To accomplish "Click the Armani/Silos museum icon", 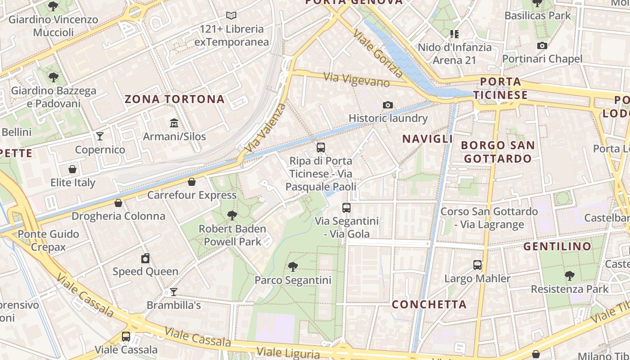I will [174, 123].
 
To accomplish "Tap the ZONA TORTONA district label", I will [175, 99].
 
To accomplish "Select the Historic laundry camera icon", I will [387, 105].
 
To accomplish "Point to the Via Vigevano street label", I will [356, 79].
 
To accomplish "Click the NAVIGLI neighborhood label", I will [427, 139].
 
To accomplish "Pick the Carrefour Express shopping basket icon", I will [192, 182].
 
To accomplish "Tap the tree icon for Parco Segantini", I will [293, 266].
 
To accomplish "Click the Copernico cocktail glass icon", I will [100, 136].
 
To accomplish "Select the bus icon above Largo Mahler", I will [477, 265].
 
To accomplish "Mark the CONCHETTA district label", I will [429, 305].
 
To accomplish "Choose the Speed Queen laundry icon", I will [145, 258].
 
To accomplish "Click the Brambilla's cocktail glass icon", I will [173, 292].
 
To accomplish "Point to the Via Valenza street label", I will [265, 128].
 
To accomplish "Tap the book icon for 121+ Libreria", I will [231, 16].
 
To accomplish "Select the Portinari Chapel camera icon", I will [542, 45].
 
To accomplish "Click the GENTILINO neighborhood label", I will [557, 247].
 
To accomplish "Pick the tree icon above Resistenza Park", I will [570, 275].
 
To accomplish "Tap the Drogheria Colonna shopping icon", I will [118, 203].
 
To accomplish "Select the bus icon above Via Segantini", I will [346, 207].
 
